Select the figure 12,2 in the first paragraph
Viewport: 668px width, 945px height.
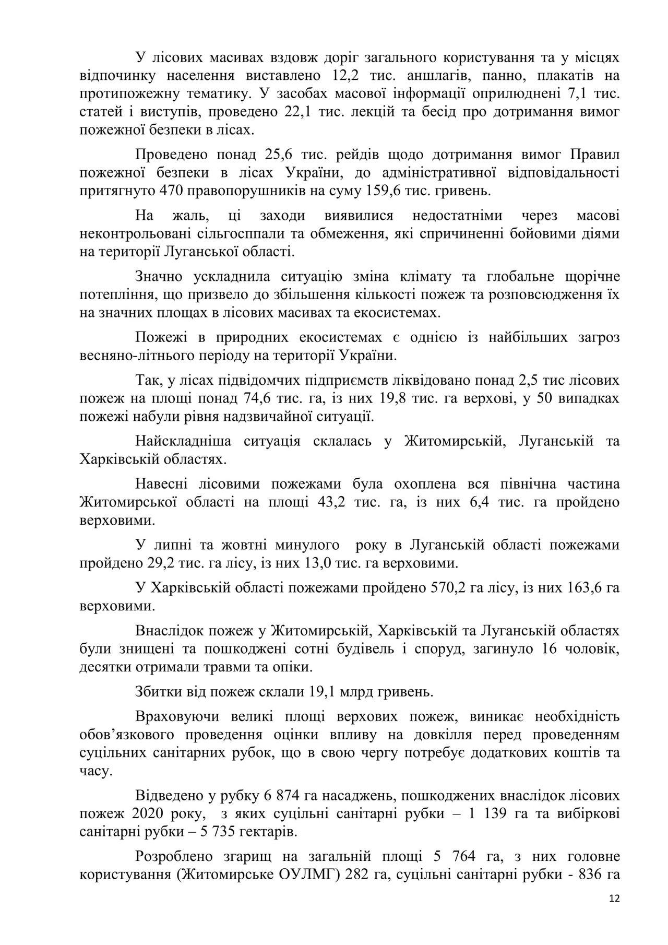[344, 75]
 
